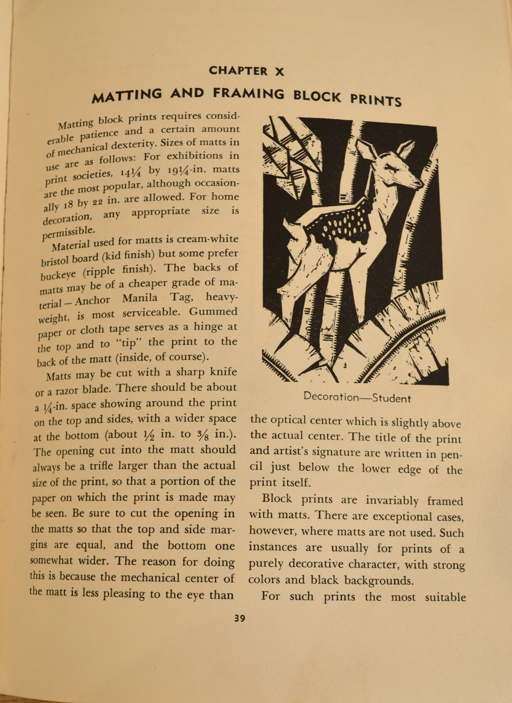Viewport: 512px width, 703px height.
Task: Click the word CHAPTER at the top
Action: (x=238, y=71)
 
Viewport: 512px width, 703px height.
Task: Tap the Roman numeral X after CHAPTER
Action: (x=279, y=72)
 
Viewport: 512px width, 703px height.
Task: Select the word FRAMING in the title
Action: (x=248, y=93)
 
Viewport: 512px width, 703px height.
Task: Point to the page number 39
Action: (x=240, y=618)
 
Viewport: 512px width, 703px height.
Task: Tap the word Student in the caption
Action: (x=391, y=399)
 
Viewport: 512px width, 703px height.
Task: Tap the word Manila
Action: (x=140, y=298)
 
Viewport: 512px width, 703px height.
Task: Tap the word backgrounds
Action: (x=378, y=580)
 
